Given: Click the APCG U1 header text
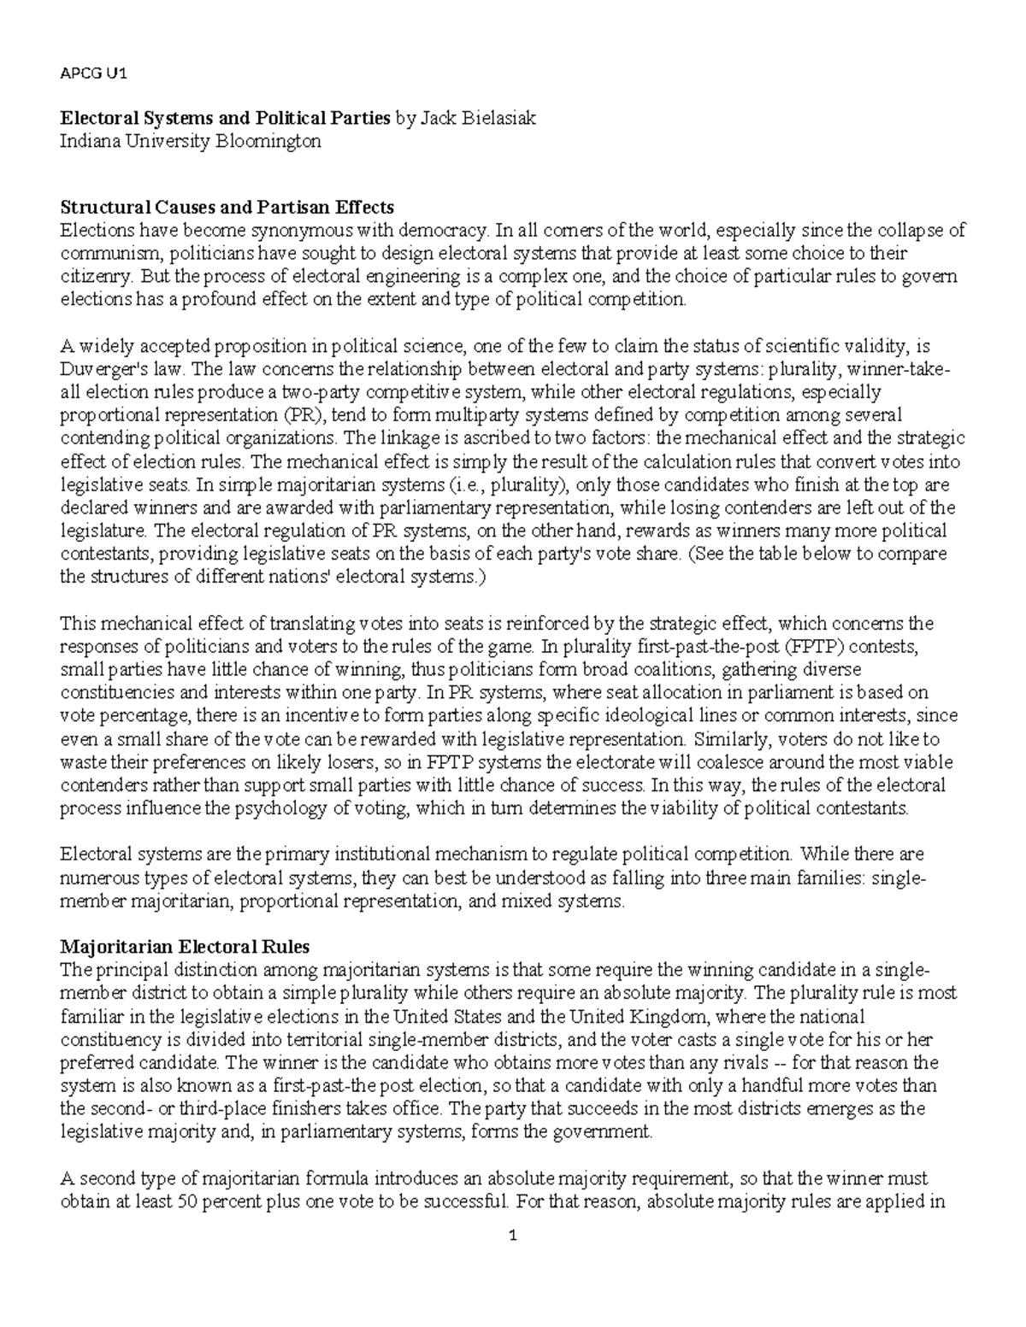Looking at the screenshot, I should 93,73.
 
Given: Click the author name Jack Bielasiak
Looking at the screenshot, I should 477,119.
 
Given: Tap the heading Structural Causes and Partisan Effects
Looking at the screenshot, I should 227,207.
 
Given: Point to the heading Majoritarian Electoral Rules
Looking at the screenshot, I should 185,947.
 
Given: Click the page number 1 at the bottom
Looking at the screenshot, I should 513,1236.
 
